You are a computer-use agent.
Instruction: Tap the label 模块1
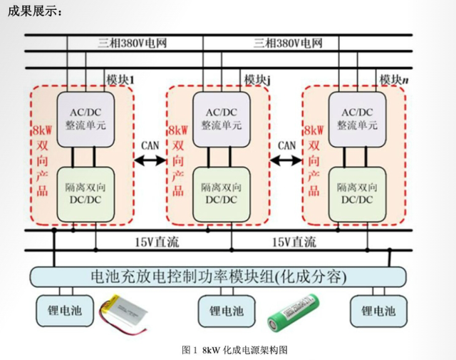(x=120, y=78)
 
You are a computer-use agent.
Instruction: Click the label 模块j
(x=257, y=78)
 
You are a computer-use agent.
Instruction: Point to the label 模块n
(x=394, y=78)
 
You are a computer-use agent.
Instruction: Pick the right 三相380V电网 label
(x=288, y=43)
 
